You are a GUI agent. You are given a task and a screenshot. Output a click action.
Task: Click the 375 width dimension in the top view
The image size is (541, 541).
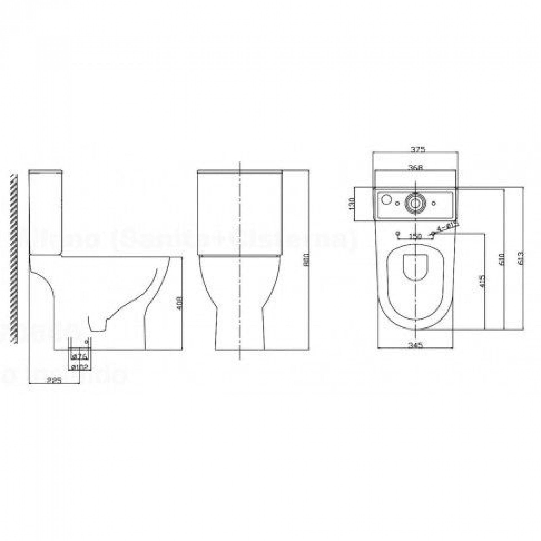416,149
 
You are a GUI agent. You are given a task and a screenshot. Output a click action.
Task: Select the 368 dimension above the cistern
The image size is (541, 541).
416,168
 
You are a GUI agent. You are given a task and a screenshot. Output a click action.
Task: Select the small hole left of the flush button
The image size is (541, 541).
398,203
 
